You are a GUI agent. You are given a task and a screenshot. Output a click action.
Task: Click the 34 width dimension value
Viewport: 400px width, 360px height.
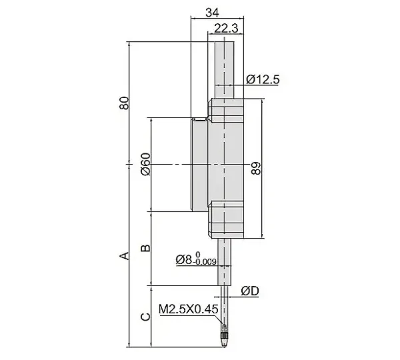(212, 12)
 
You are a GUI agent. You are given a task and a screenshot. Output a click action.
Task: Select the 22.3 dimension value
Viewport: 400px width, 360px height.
(226, 28)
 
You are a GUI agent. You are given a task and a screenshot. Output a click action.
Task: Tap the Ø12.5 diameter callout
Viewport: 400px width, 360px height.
(263, 79)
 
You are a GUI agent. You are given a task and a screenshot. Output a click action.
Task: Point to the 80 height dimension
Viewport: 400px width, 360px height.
(124, 103)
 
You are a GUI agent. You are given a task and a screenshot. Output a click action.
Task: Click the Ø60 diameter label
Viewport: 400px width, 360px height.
(145, 164)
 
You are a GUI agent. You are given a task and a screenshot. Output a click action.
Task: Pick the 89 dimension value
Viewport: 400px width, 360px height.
(255, 168)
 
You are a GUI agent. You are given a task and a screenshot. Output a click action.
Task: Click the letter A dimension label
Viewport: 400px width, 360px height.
(124, 255)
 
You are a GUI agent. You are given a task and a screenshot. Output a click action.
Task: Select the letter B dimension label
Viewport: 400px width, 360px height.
(145, 248)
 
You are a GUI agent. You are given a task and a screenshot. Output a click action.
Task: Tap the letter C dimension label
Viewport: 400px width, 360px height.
(145, 317)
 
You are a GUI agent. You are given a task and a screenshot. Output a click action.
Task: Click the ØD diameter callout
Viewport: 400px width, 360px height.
(250, 291)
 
